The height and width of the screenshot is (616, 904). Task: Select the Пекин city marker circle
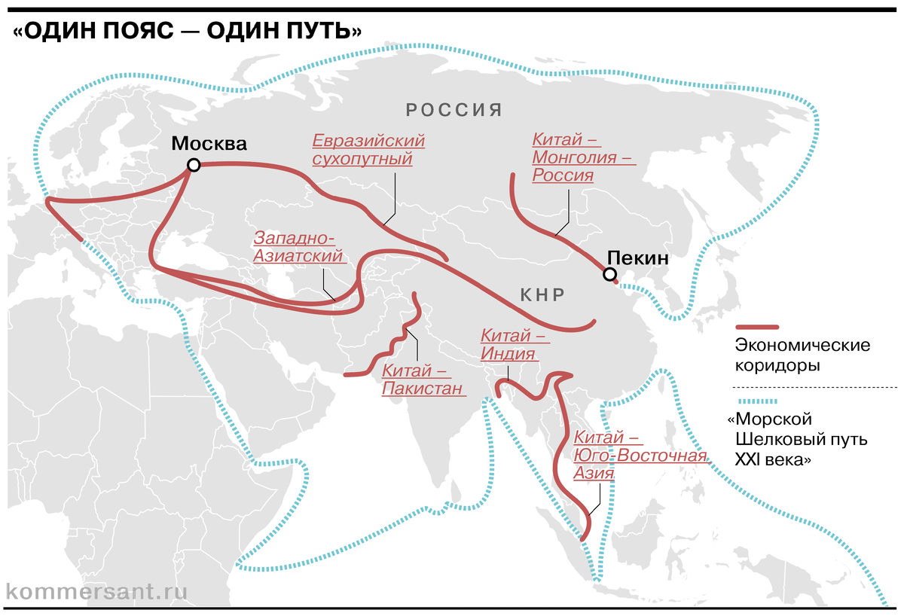click(609, 275)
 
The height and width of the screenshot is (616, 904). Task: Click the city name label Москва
click(209, 144)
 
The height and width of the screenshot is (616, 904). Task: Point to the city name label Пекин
click(637, 258)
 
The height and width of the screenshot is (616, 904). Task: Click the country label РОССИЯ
click(454, 110)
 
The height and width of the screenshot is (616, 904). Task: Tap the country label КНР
click(542, 294)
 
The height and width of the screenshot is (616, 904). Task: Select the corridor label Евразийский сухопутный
click(368, 150)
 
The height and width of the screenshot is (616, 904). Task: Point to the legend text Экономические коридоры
click(802, 355)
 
